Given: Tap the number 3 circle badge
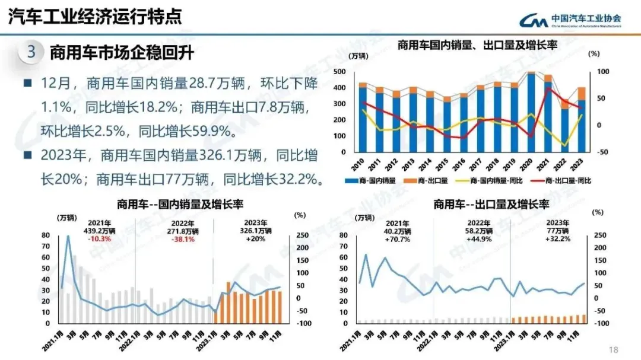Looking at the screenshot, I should pyautogui.click(x=31, y=53).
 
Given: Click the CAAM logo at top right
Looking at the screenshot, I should pyautogui.click(x=570, y=21).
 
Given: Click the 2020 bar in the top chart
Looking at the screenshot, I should pyautogui.click(x=531, y=113).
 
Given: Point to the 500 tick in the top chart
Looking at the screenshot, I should pyautogui.click(x=340, y=72).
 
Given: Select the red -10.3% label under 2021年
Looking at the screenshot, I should pyautogui.click(x=98, y=239).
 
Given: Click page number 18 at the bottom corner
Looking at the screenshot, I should pyautogui.click(x=614, y=349).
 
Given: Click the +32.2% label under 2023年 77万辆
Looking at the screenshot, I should pyautogui.click(x=557, y=239).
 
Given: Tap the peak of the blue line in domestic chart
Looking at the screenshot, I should pyautogui.click(x=68, y=237).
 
